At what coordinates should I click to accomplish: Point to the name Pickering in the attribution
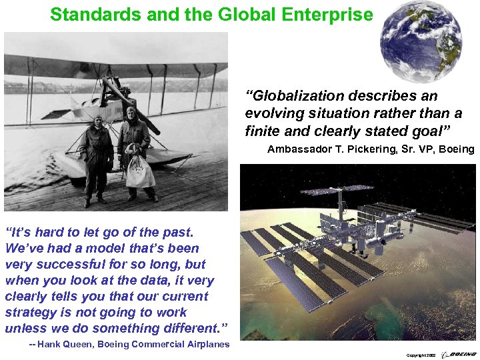(376, 149)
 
